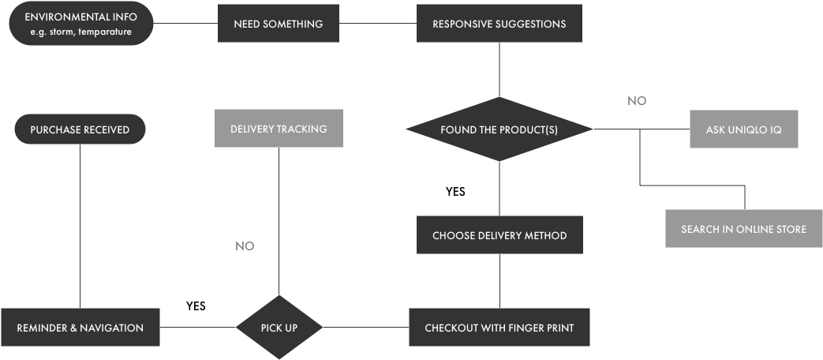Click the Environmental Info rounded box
[x=80, y=24]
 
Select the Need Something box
[x=278, y=24]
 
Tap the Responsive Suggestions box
[x=499, y=24]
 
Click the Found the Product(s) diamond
[x=499, y=129]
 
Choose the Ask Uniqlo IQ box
[x=743, y=129]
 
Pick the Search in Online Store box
[x=743, y=229]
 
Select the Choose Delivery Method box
[x=499, y=235]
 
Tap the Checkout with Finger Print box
[x=499, y=328]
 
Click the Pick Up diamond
[x=279, y=328]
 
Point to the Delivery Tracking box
[x=279, y=129]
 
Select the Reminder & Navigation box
[x=80, y=328]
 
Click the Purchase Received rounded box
[x=80, y=129]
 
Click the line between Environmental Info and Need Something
[x=185, y=23]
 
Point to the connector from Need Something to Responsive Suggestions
[x=377, y=23]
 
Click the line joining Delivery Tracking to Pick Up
[x=279, y=221]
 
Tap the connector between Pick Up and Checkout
[x=365, y=327]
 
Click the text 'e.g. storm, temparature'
[x=80, y=32]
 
